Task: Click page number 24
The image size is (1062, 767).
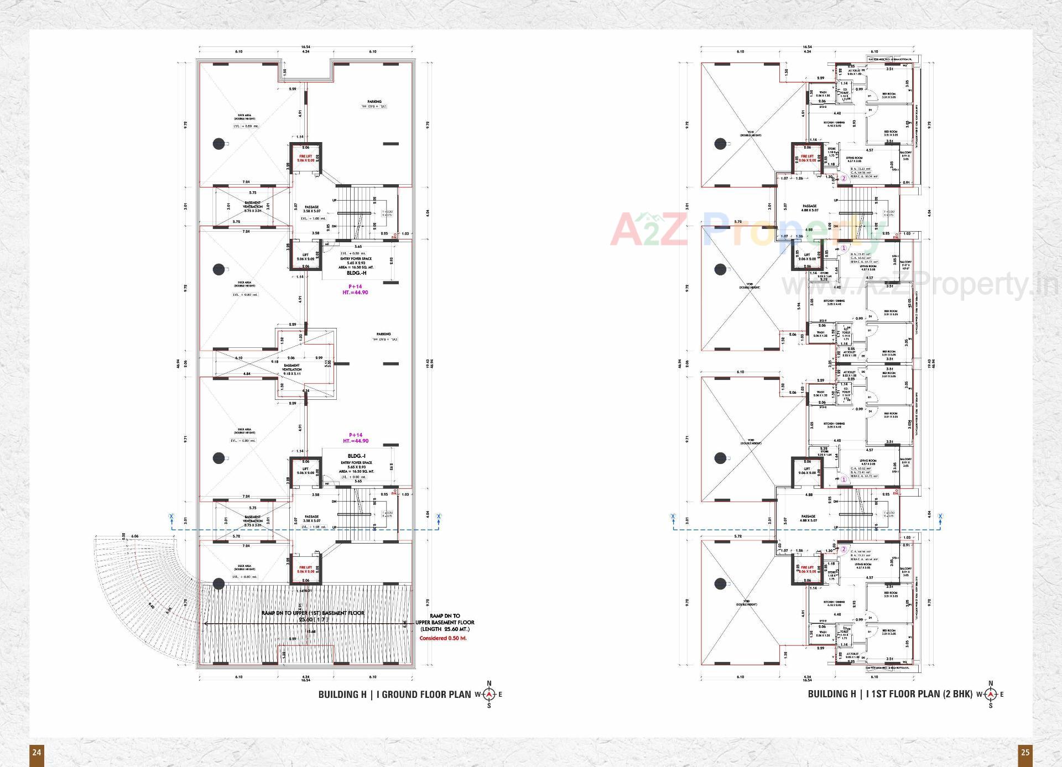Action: (37, 752)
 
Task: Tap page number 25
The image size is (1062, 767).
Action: (1025, 752)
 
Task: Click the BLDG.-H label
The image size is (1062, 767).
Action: (356, 273)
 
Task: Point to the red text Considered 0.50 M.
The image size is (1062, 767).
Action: (443, 638)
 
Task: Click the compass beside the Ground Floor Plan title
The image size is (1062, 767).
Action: (489, 695)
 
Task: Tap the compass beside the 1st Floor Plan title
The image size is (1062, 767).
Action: (990, 695)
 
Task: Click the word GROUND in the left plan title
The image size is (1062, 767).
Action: (400, 695)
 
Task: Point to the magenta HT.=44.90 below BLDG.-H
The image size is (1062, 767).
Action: (355, 293)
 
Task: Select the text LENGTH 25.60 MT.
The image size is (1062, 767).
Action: (445, 629)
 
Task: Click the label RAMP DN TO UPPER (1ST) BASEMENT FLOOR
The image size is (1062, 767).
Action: (313, 613)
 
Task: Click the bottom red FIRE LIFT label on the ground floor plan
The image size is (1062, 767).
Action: (305, 570)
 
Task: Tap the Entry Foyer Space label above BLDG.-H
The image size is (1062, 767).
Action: (356, 259)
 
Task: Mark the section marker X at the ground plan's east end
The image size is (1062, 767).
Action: (439, 517)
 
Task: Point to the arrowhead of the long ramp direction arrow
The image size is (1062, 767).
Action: (206, 624)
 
